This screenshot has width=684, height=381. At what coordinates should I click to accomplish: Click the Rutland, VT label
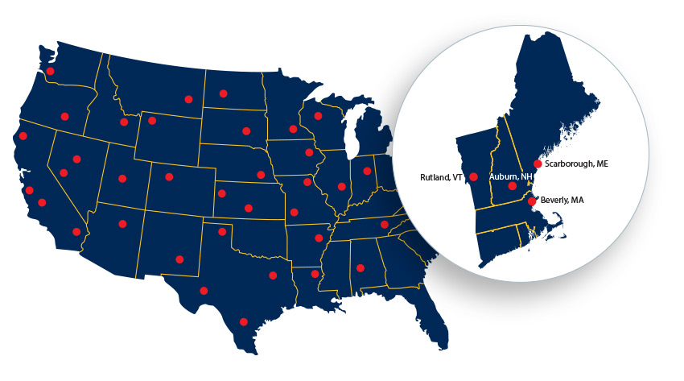[x=443, y=177]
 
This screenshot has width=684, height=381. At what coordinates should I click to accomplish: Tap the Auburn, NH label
[x=510, y=176]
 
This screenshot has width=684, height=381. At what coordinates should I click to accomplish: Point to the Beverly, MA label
[x=561, y=201]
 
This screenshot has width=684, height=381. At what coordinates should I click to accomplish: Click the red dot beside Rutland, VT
[x=473, y=177]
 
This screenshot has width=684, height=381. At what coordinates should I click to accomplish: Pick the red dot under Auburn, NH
[x=512, y=186]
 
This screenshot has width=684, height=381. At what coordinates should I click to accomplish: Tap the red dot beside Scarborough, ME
[x=538, y=164]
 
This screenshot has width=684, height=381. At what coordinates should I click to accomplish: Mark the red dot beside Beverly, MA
[x=532, y=201]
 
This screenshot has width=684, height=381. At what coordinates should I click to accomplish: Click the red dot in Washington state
[x=50, y=71]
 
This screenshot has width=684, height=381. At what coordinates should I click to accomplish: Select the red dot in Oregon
[x=64, y=117]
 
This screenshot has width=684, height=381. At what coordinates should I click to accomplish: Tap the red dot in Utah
[x=122, y=179]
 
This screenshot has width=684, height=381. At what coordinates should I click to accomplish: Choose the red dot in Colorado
[x=169, y=177]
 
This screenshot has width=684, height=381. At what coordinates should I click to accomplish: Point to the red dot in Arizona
[x=122, y=224]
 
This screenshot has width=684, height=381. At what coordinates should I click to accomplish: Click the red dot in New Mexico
[x=179, y=259]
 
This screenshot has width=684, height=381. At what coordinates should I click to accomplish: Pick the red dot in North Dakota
[x=223, y=93]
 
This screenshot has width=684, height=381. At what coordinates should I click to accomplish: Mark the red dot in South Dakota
[x=245, y=131]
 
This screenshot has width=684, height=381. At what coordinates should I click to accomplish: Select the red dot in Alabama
[x=361, y=269]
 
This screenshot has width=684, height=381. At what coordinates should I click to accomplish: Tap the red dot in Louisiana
[x=315, y=275]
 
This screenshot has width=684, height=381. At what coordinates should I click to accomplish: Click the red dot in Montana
[x=188, y=99]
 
